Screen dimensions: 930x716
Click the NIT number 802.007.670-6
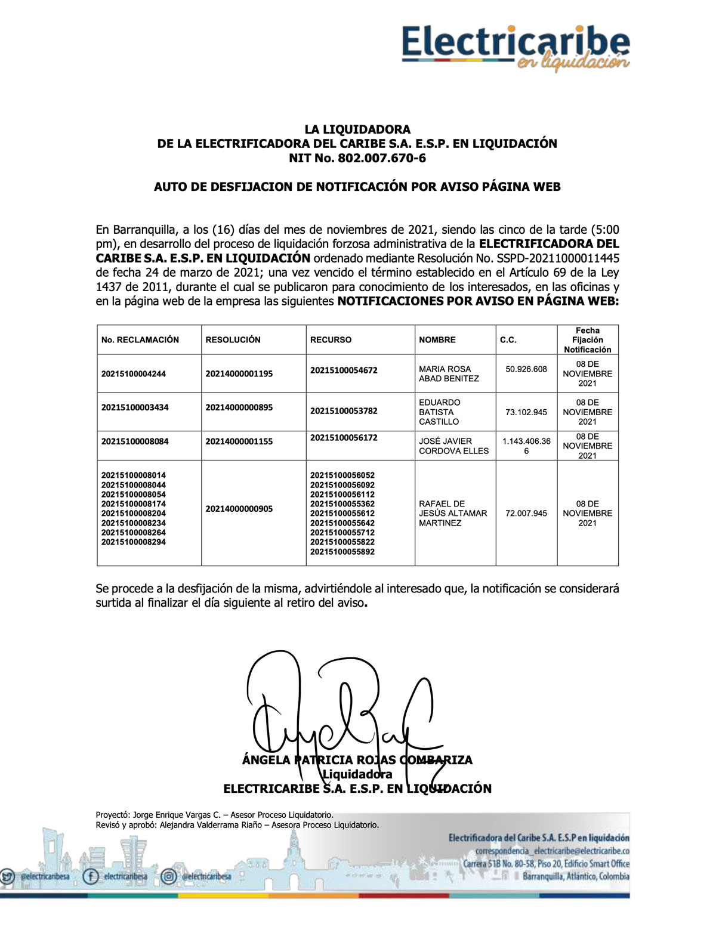381,158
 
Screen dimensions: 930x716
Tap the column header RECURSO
331,339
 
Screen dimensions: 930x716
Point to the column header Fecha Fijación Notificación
587,340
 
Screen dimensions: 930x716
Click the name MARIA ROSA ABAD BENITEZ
449,373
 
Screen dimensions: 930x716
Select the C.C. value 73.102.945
526,412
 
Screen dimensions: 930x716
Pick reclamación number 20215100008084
135,441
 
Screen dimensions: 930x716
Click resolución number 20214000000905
239,509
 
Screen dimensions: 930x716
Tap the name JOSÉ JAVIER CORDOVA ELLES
453,446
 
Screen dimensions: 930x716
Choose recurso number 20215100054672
344,370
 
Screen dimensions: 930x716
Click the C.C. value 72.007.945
526,513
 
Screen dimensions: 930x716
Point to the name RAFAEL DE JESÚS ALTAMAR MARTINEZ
452,513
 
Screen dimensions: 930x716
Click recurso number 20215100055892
342,552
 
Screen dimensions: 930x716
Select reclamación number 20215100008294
134,542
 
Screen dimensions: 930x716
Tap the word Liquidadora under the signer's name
357,774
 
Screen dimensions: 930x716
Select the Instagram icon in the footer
169,876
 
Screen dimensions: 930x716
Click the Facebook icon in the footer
91,876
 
